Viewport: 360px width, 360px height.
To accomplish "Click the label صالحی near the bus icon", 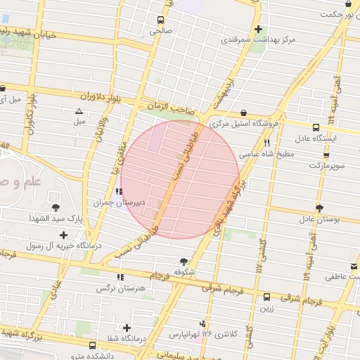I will (160, 32).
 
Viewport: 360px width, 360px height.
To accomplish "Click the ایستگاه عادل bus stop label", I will (316, 139).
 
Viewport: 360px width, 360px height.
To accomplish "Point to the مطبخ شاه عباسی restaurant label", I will (262, 152).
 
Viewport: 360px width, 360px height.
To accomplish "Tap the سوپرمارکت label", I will (326, 165).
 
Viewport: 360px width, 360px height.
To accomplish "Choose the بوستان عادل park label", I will (319, 219).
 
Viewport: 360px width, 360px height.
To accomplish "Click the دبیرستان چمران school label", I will (120, 202).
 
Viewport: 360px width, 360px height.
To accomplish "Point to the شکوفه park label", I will (184, 272).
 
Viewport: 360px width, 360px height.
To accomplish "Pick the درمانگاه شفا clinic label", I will (127, 340).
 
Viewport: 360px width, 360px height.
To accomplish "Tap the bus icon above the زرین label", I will (266, 297).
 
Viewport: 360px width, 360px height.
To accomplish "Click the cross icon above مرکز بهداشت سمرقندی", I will (259, 29).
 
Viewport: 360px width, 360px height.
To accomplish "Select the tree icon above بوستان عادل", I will (319, 208).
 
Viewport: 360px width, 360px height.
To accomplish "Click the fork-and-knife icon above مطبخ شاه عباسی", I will (266, 142).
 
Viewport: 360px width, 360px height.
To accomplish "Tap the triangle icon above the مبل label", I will (79, 111).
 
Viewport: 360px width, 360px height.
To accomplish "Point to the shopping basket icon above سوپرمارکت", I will (326, 155).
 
